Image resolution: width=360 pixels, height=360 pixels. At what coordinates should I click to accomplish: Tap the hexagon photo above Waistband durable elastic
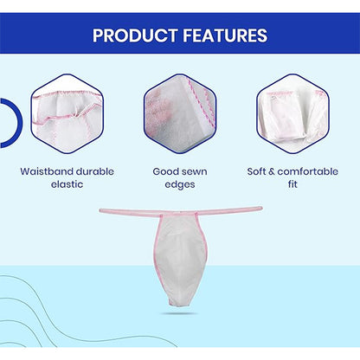[67, 109]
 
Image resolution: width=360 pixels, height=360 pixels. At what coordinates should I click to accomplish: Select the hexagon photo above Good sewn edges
[180, 109]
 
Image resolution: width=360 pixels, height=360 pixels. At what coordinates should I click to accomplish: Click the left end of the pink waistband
[103, 210]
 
